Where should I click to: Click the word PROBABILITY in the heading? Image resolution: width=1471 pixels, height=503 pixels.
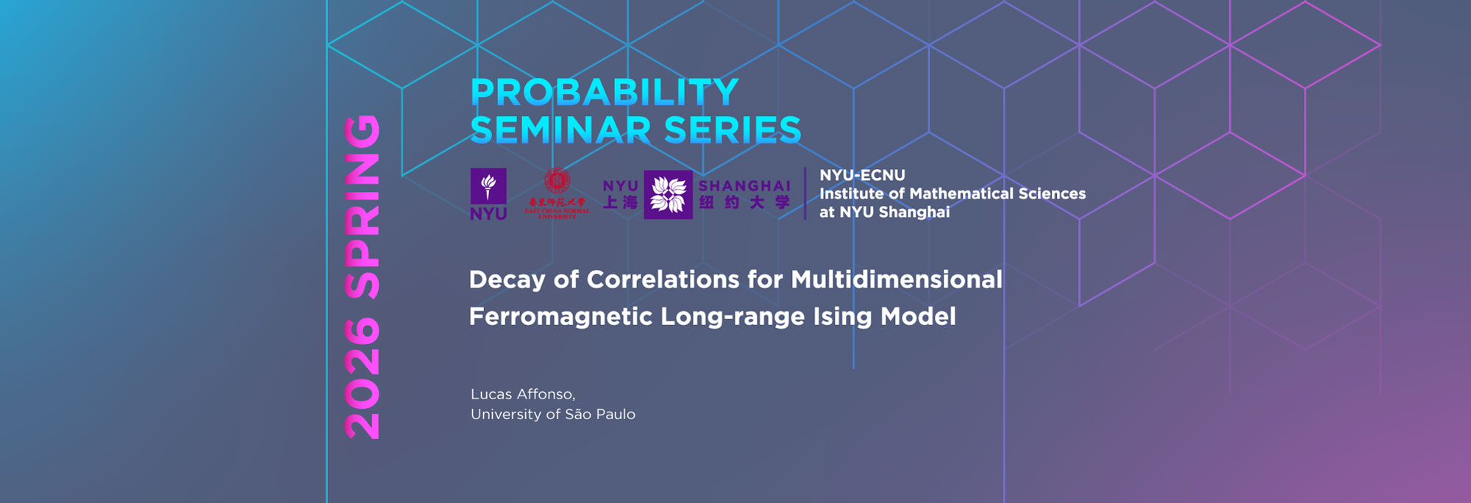604,93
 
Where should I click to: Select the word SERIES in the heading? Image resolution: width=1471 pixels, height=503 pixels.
733,130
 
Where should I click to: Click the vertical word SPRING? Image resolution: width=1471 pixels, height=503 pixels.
363,207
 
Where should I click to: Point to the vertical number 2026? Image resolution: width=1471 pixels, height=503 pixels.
363,379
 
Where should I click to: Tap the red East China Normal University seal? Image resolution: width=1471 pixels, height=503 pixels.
557,181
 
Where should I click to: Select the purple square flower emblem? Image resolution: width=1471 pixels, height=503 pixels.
668,195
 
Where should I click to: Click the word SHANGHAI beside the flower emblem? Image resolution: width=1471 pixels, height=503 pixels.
744,186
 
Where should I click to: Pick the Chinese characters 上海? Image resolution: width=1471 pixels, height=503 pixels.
620,202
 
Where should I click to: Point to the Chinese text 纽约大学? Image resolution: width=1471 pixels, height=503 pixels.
744,202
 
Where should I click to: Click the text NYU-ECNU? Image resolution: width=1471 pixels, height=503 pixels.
862,175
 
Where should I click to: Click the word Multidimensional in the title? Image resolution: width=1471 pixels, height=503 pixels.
897,279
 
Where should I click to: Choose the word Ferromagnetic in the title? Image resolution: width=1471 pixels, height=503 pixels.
560,317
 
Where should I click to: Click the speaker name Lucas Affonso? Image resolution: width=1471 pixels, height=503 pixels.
522,394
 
